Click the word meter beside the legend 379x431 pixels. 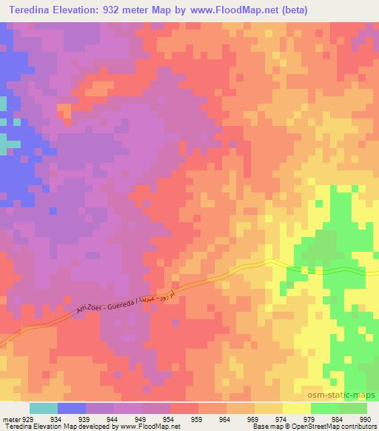[x=12, y=418]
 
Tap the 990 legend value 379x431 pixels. [x=364, y=418]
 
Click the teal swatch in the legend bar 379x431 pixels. [x=44, y=408]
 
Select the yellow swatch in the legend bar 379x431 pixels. [x=296, y=408]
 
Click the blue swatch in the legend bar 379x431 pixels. [x=72, y=408]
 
